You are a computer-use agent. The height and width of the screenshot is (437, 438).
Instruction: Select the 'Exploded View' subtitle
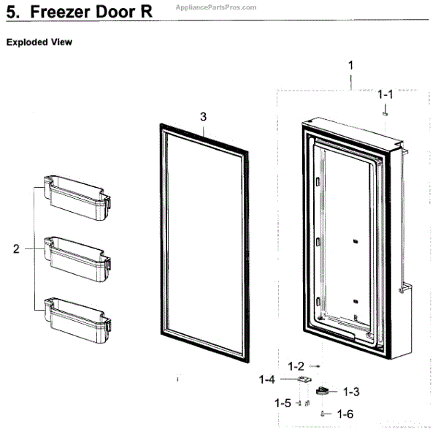coord(39,42)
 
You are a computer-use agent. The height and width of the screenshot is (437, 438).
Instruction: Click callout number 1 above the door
coord(350,66)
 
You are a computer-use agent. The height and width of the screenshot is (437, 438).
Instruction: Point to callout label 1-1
coord(385,94)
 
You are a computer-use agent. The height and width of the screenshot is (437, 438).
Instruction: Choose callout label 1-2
coord(296,365)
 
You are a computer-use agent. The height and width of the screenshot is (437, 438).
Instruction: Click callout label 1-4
coord(267,380)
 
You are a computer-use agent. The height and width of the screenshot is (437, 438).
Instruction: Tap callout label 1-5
coord(283,403)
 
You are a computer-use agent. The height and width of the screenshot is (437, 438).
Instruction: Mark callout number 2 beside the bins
coord(16,249)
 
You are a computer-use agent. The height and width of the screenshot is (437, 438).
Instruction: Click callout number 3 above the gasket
coord(203,117)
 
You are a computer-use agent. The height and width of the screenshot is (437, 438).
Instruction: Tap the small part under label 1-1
coord(385,113)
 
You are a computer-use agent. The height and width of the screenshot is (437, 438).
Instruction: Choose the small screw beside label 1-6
coord(322,414)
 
